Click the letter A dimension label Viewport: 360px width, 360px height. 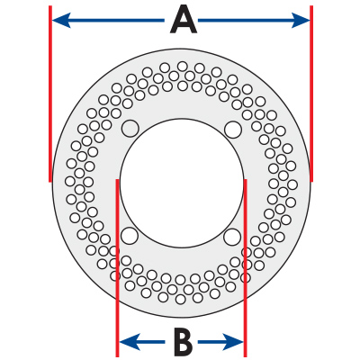point(184,21)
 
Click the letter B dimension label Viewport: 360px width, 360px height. point(183,342)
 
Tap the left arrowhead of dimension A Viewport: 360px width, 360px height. point(61,21)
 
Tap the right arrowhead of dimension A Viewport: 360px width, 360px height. point(301,21)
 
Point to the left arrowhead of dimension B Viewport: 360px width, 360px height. point(130,342)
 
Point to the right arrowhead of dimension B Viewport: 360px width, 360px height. point(233,342)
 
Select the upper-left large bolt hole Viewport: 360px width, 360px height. point(130,129)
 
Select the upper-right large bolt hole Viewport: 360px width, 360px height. point(233,130)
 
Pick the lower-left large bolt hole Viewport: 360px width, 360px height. point(130,236)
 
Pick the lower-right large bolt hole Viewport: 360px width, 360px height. point(232,237)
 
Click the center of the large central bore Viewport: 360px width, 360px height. point(182,184)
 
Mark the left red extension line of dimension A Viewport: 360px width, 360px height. point(50,94)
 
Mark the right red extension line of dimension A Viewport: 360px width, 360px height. point(311,94)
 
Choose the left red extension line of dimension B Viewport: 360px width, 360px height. point(117,268)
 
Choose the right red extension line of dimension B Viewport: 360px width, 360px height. point(246,268)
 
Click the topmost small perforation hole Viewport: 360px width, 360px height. point(183,67)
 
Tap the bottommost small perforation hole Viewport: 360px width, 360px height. point(181,299)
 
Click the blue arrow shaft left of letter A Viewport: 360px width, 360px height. point(117,21)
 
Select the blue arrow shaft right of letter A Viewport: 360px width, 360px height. point(246,21)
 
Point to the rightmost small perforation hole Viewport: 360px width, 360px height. point(292,184)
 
